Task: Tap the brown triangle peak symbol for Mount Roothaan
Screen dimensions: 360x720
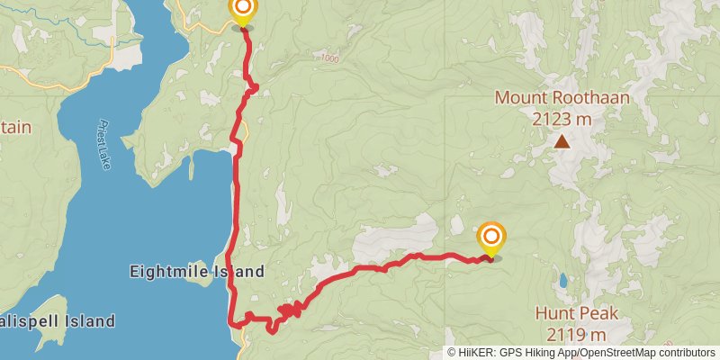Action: pos(562,141)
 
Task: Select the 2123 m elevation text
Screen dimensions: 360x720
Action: pos(562,118)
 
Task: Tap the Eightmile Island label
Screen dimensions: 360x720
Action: pos(197,271)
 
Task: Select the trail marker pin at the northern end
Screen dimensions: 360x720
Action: pos(242,13)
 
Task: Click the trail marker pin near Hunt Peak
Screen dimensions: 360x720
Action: pos(491,238)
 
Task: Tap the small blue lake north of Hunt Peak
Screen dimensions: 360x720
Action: pos(562,281)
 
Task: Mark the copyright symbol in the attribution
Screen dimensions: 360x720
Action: pos(452,353)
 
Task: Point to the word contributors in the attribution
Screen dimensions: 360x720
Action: pos(688,353)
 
